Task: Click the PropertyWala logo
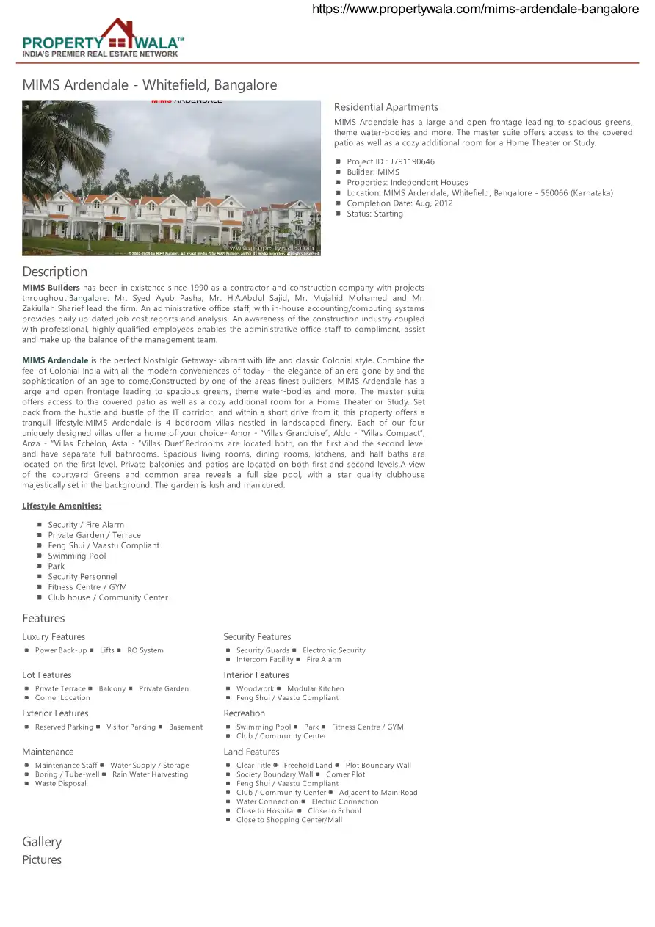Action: point(103,38)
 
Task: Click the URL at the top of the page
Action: point(475,9)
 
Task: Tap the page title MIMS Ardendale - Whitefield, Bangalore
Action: point(150,85)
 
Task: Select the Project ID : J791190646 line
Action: point(390,161)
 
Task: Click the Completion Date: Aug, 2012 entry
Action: point(399,203)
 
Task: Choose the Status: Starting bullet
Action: point(374,214)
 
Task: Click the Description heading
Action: point(54,272)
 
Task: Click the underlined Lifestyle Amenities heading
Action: point(62,506)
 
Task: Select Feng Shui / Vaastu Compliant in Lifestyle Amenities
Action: point(104,545)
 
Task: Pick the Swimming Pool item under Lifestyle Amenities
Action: point(77,556)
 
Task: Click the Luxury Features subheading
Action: point(54,636)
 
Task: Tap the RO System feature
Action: point(145,650)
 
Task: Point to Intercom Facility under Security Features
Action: point(264,659)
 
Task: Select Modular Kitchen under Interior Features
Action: point(315,688)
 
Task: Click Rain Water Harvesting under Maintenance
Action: point(150,774)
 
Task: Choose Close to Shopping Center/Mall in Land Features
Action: point(289,820)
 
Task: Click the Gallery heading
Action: point(42,842)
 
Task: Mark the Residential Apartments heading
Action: point(386,107)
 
